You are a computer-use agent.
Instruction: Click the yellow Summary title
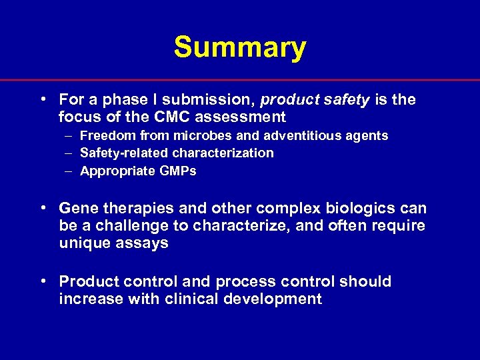click(x=240, y=47)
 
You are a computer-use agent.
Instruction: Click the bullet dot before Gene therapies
click(x=43, y=208)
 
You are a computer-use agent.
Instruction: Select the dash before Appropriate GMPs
click(x=69, y=171)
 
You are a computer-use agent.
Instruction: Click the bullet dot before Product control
click(x=43, y=281)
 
